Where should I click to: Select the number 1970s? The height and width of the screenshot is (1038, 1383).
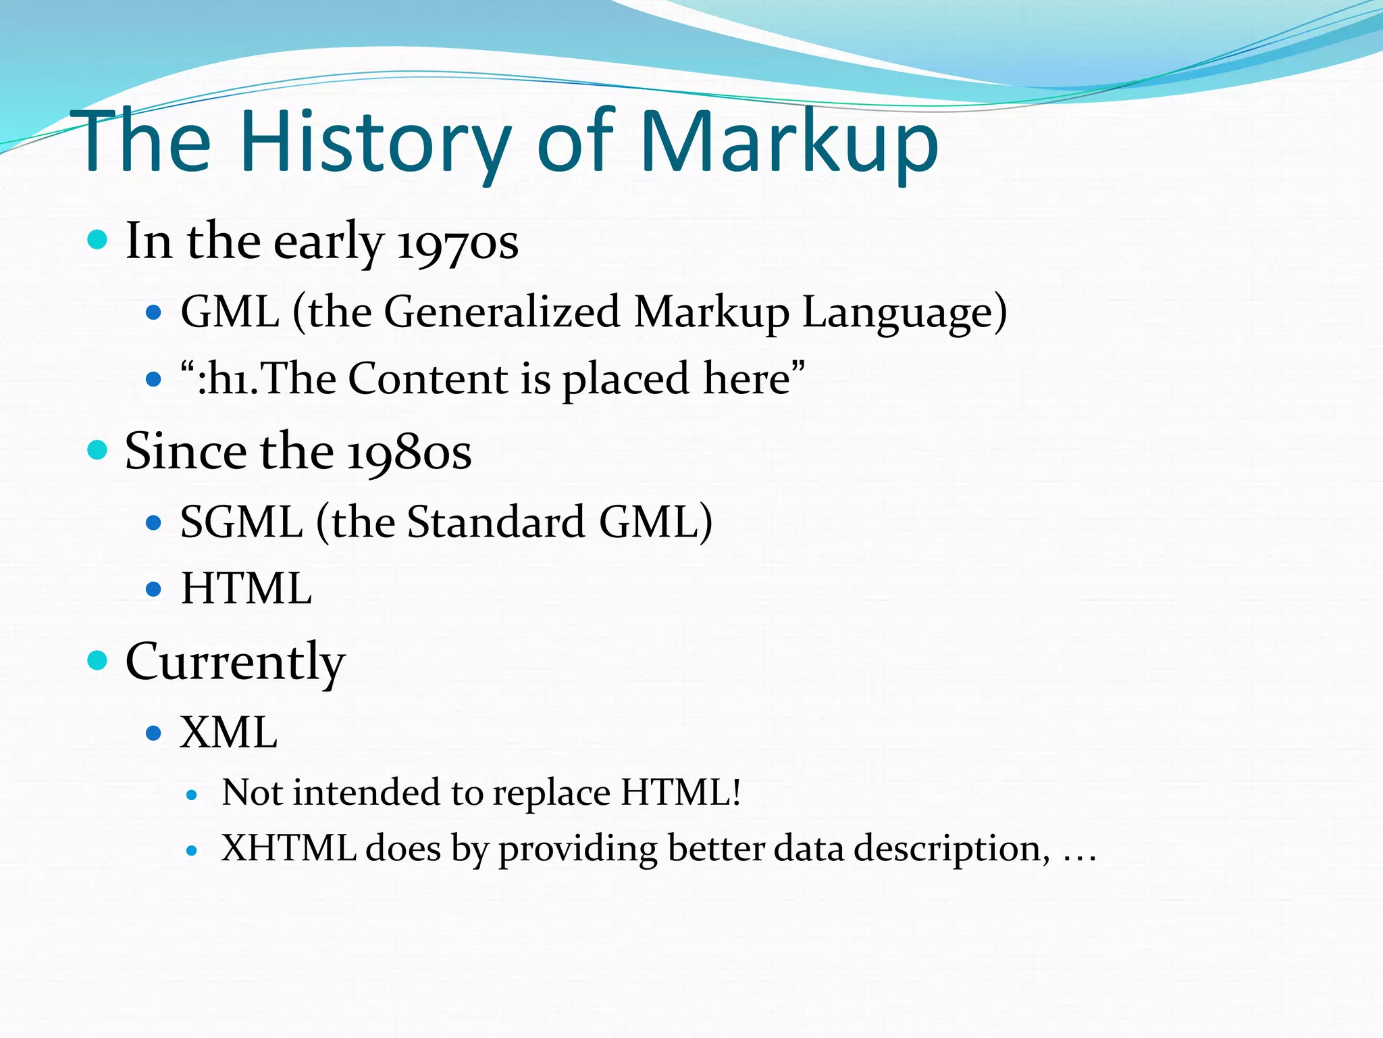pyautogui.click(x=457, y=242)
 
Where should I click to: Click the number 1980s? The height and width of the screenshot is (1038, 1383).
pyautogui.click(x=409, y=452)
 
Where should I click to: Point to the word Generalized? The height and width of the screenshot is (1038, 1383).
pyautogui.click(x=502, y=312)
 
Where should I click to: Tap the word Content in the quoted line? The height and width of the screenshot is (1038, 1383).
pyautogui.click(x=429, y=379)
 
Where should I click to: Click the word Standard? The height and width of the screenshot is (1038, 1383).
pyautogui.click(x=496, y=522)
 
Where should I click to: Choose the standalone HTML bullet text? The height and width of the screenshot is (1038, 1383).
pyautogui.click(x=246, y=589)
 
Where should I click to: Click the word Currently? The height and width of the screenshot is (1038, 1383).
pyautogui.click(x=235, y=662)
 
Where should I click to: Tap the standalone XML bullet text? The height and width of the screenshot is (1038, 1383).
pyautogui.click(x=229, y=733)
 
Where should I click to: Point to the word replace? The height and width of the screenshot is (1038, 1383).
pyautogui.click(x=551, y=793)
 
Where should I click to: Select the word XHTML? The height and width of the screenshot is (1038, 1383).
pyautogui.click(x=289, y=849)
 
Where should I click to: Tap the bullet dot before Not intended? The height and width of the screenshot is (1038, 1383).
pyautogui.click(x=192, y=796)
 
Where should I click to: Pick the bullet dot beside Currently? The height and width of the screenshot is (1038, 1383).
pyautogui.click(x=98, y=660)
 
